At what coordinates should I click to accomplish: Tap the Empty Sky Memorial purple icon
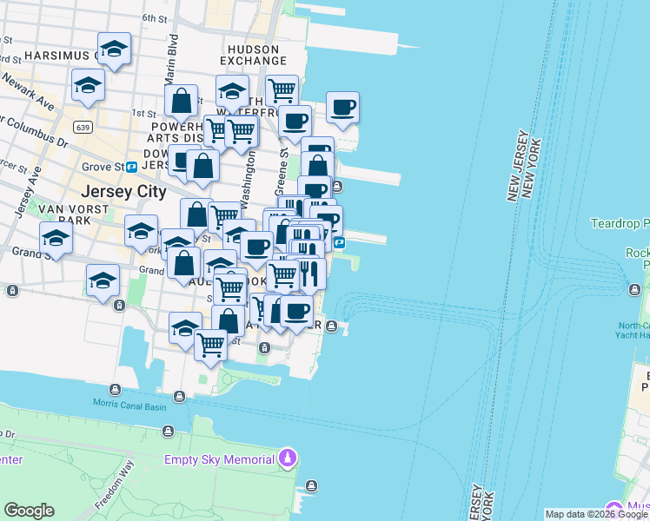pyautogui.click(x=289, y=458)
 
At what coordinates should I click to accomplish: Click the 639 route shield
pyautogui.click(x=83, y=128)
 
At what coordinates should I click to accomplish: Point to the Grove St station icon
pyautogui.click(x=131, y=166)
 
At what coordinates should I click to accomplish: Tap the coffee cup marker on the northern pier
pyautogui.click(x=342, y=108)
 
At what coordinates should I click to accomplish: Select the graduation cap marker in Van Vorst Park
pyautogui.click(x=56, y=239)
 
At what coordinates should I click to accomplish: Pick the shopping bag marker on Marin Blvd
pyautogui.click(x=182, y=101)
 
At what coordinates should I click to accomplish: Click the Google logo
pyautogui.click(x=29, y=511)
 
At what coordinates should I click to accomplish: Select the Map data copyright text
pyautogui.click(x=596, y=514)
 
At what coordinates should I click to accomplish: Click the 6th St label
pyautogui.click(x=154, y=17)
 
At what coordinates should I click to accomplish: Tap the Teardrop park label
pyautogui.click(x=620, y=223)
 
